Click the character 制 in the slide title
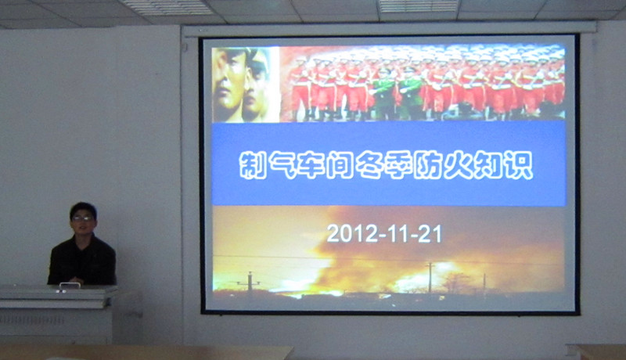point(253,164)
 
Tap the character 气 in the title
point(282,164)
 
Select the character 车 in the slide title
point(311,164)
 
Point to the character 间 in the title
point(340,164)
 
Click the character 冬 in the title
point(369,164)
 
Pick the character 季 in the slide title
point(398,164)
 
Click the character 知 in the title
point(488,164)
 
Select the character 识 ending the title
point(519,164)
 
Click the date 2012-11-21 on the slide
point(384,233)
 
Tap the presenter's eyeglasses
point(82,218)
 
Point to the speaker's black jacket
point(82,261)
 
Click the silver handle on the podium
point(70,285)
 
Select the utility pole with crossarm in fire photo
point(249,282)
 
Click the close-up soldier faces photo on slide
point(246,85)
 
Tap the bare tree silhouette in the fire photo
point(455,283)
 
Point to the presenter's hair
point(83,209)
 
